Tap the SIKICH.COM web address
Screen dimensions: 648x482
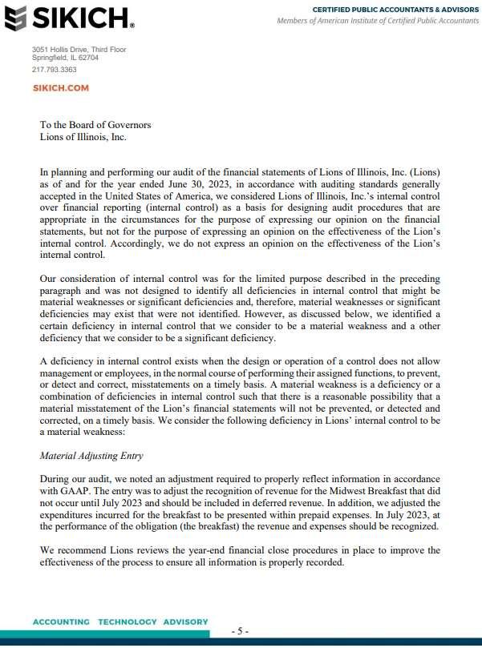60,88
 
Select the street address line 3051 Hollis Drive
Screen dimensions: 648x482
79,50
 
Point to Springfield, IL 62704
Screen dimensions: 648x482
65,58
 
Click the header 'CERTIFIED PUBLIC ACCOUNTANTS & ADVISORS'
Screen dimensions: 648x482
395,9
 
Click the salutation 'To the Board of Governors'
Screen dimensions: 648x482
95,125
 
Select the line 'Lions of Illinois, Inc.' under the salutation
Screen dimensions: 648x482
83,137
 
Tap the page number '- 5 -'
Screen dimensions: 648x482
241,631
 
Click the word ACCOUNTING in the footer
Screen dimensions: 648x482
61,622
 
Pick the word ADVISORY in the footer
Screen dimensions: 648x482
185,622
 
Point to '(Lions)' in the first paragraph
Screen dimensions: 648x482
423,172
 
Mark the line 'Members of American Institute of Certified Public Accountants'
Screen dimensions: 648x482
378,20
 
